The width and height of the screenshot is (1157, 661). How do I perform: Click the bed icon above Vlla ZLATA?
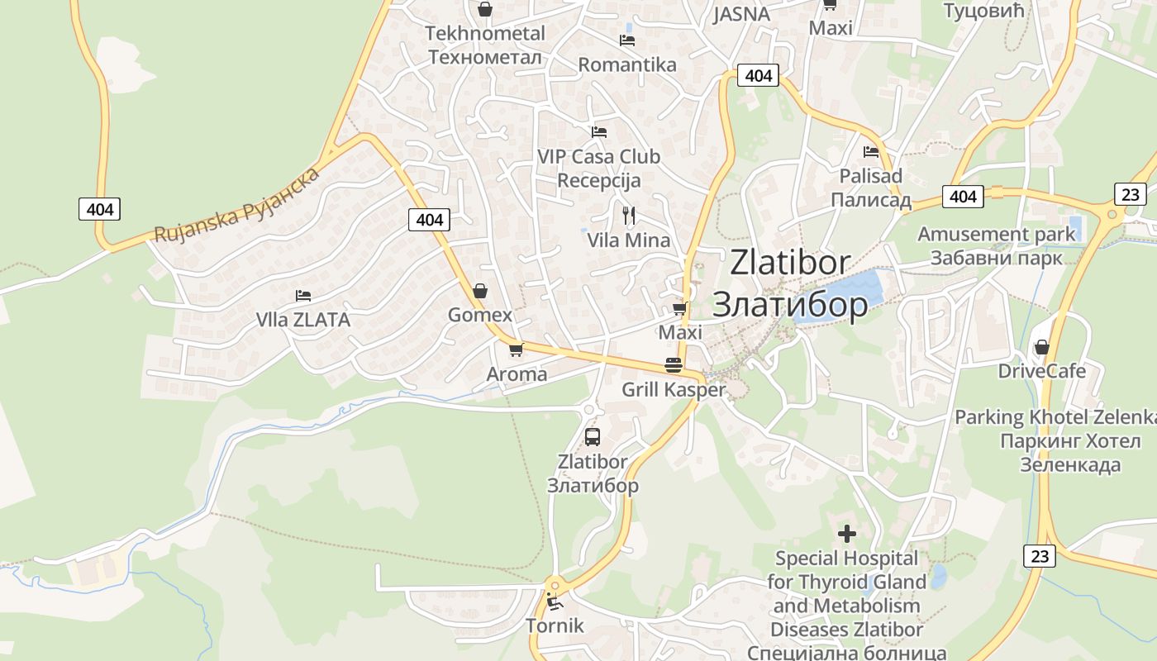(303, 296)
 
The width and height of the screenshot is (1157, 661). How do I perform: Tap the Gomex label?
(479, 315)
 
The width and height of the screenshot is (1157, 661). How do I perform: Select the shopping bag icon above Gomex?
(479, 291)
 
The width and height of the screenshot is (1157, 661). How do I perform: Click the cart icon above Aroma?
(517, 350)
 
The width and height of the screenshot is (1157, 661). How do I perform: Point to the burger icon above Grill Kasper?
(674, 365)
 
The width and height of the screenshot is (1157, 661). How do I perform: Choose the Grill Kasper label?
(674, 389)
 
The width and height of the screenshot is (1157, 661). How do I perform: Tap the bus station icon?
(593, 437)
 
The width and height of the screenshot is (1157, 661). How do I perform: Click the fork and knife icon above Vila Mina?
(629, 216)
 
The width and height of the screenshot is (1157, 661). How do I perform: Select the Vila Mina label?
(628, 240)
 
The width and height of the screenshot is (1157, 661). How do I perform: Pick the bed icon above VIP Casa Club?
(599, 131)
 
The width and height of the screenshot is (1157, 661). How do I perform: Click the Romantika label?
(627, 64)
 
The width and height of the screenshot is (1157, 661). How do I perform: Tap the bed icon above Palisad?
(870, 152)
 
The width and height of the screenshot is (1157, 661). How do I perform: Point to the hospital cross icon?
(847, 533)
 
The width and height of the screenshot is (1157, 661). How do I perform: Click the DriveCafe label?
(1041, 371)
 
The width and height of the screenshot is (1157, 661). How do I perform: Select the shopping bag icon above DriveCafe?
(1041, 347)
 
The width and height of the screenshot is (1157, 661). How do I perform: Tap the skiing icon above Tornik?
(554, 601)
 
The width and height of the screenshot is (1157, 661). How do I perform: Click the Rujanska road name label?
(236, 206)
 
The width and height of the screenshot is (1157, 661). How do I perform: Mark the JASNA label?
(741, 14)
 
